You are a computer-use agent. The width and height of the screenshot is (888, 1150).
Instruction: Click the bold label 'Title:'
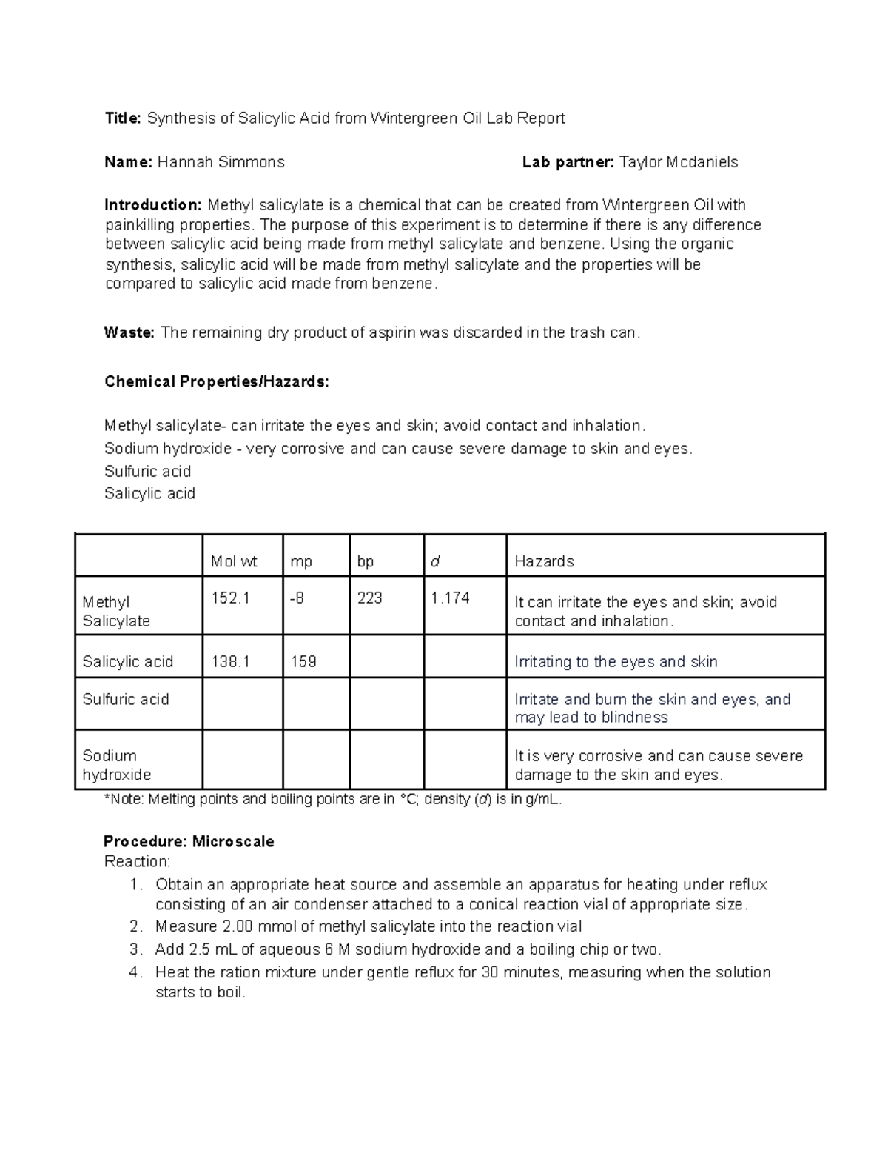tap(122, 118)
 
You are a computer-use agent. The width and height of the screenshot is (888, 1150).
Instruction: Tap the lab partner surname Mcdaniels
tap(699, 162)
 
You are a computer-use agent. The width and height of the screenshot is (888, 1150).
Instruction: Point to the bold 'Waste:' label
tap(129, 333)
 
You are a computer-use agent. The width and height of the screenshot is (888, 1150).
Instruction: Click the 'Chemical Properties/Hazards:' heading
tap(217, 382)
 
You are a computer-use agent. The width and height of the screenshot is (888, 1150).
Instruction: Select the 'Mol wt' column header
tap(234, 561)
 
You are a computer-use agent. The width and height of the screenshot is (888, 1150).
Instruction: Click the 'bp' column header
tap(366, 561)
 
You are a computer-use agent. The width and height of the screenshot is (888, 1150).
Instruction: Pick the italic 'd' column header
tap(435, 561)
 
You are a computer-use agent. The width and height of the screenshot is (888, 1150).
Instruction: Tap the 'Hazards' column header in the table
tap(544, 561)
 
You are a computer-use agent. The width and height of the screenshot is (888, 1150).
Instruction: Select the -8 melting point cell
tap(297, 598)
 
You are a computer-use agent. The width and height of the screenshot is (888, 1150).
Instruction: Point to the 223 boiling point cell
tap(370, 598)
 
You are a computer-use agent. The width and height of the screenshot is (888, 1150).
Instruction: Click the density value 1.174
tap(450, 598)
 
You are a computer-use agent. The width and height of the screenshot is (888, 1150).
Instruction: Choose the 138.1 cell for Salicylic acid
tap(230, 661)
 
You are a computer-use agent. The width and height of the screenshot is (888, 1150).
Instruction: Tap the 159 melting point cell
tap(303, 661)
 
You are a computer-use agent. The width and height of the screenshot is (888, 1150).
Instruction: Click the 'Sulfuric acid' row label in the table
tap(126, 699)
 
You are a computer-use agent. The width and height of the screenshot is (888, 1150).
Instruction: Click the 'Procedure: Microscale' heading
tap(189, 842)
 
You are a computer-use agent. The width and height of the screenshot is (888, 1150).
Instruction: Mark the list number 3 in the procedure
tap(134, 949)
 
